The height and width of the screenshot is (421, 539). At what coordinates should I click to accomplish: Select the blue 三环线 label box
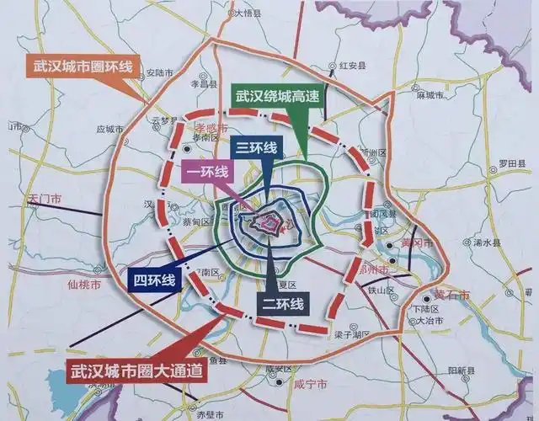tap(255, 147)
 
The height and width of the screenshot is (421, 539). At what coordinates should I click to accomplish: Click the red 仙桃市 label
tap(83, 285)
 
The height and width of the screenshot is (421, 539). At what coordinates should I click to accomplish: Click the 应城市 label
tap(110, 130)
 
